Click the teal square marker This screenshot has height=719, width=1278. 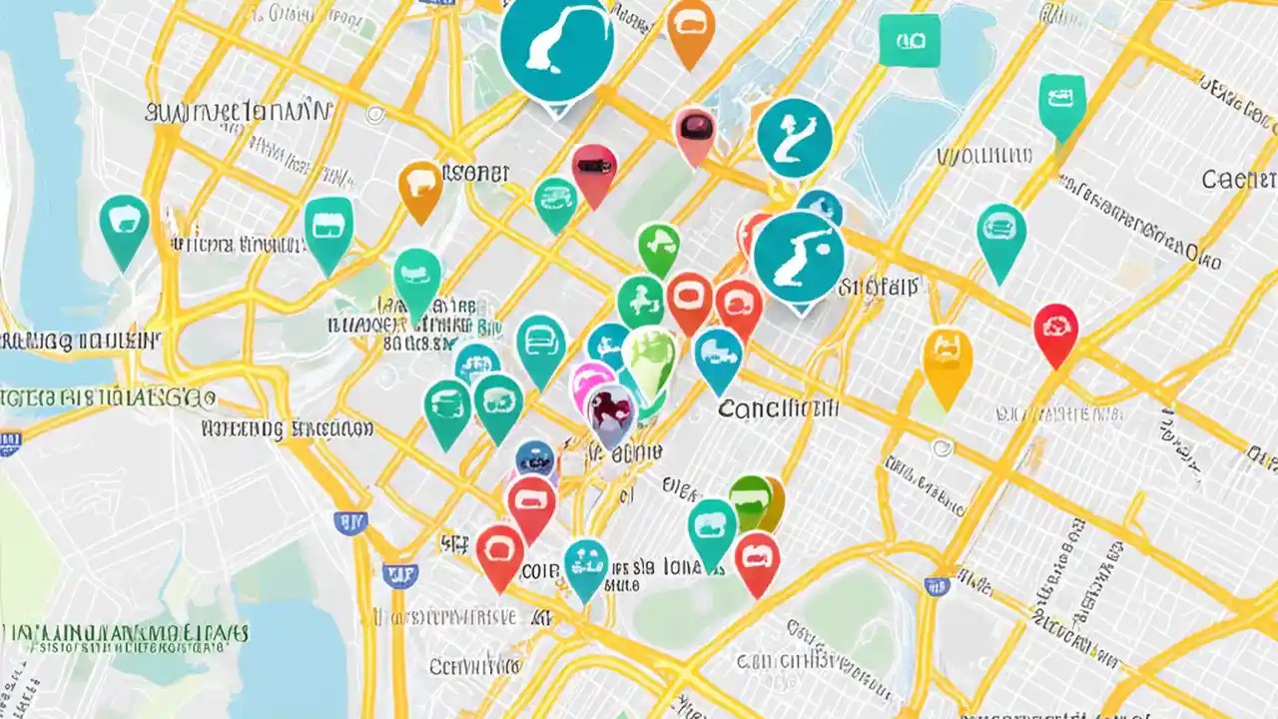tap(909, 40)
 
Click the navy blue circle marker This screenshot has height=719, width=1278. tap(536, 459)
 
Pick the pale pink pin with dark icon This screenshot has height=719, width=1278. tap(694, 132)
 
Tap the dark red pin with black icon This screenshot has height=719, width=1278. tap(594, 170)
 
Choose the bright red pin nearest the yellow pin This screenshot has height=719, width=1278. tap(1055, 330)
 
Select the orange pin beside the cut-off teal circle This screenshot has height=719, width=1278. tap(690, 27)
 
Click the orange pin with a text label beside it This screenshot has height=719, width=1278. tap(420, 187)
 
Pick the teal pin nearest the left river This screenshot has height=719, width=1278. tap(124, 226)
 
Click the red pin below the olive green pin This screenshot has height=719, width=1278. tap(757, 557)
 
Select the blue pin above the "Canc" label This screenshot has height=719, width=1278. tap(718, 356)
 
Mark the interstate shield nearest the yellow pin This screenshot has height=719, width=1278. tap(937, 586)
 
